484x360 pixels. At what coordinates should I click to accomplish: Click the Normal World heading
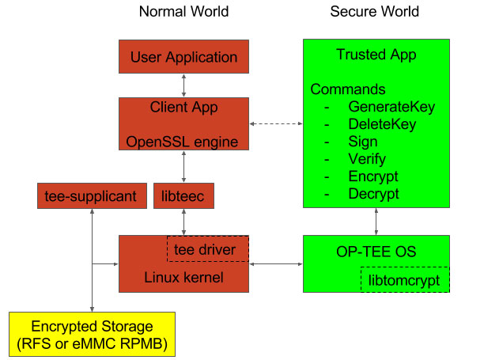(183, 12)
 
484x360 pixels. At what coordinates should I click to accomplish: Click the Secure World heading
(374, 12)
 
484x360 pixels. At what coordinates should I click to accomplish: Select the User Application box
(183, 57)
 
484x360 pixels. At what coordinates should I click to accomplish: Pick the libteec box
(183, 195)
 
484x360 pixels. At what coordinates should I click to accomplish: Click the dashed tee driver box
(207, 249)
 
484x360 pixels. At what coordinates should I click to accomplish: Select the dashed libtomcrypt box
(404, 280)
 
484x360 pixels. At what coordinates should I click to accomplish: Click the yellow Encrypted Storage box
(92, 333)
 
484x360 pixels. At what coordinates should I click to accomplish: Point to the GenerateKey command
(391, 107)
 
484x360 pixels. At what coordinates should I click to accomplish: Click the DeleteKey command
(382, 124)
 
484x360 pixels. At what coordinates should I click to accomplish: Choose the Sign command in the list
(362, 142)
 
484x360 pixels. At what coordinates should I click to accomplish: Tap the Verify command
(366, 159)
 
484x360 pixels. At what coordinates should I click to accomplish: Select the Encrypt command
(373, 176)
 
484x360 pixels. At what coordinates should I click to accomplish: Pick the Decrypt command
(374, 194)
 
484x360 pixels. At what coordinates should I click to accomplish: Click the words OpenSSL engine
(183, 142)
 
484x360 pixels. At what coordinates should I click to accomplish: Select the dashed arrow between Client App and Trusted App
(276, 124)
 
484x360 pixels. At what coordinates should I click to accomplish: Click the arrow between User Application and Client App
(183, 85)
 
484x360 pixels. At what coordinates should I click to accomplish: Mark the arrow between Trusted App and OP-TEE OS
(376, 221)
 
